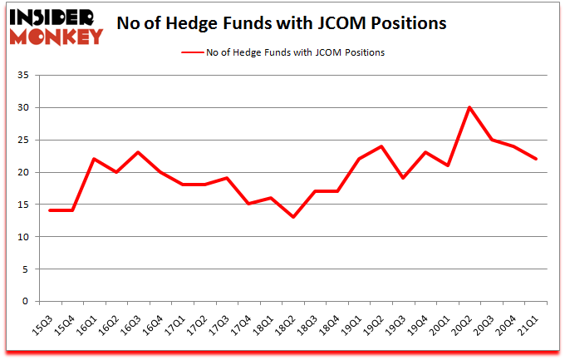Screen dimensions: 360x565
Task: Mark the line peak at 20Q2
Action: click(x=469, y=107)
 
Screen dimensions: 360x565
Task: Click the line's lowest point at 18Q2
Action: click(x=292, y=218)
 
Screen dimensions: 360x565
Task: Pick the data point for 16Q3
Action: click(x=139, y=153)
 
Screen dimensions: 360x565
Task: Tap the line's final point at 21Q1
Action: click(x=537, y=159)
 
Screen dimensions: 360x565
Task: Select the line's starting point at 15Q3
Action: click(x=50, y=211)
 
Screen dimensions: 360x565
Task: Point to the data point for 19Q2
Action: click(x=381, y=146)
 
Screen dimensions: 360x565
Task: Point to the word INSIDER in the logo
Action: click(x=56, y=17)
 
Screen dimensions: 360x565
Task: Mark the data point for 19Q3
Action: click(x=404, y=179)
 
